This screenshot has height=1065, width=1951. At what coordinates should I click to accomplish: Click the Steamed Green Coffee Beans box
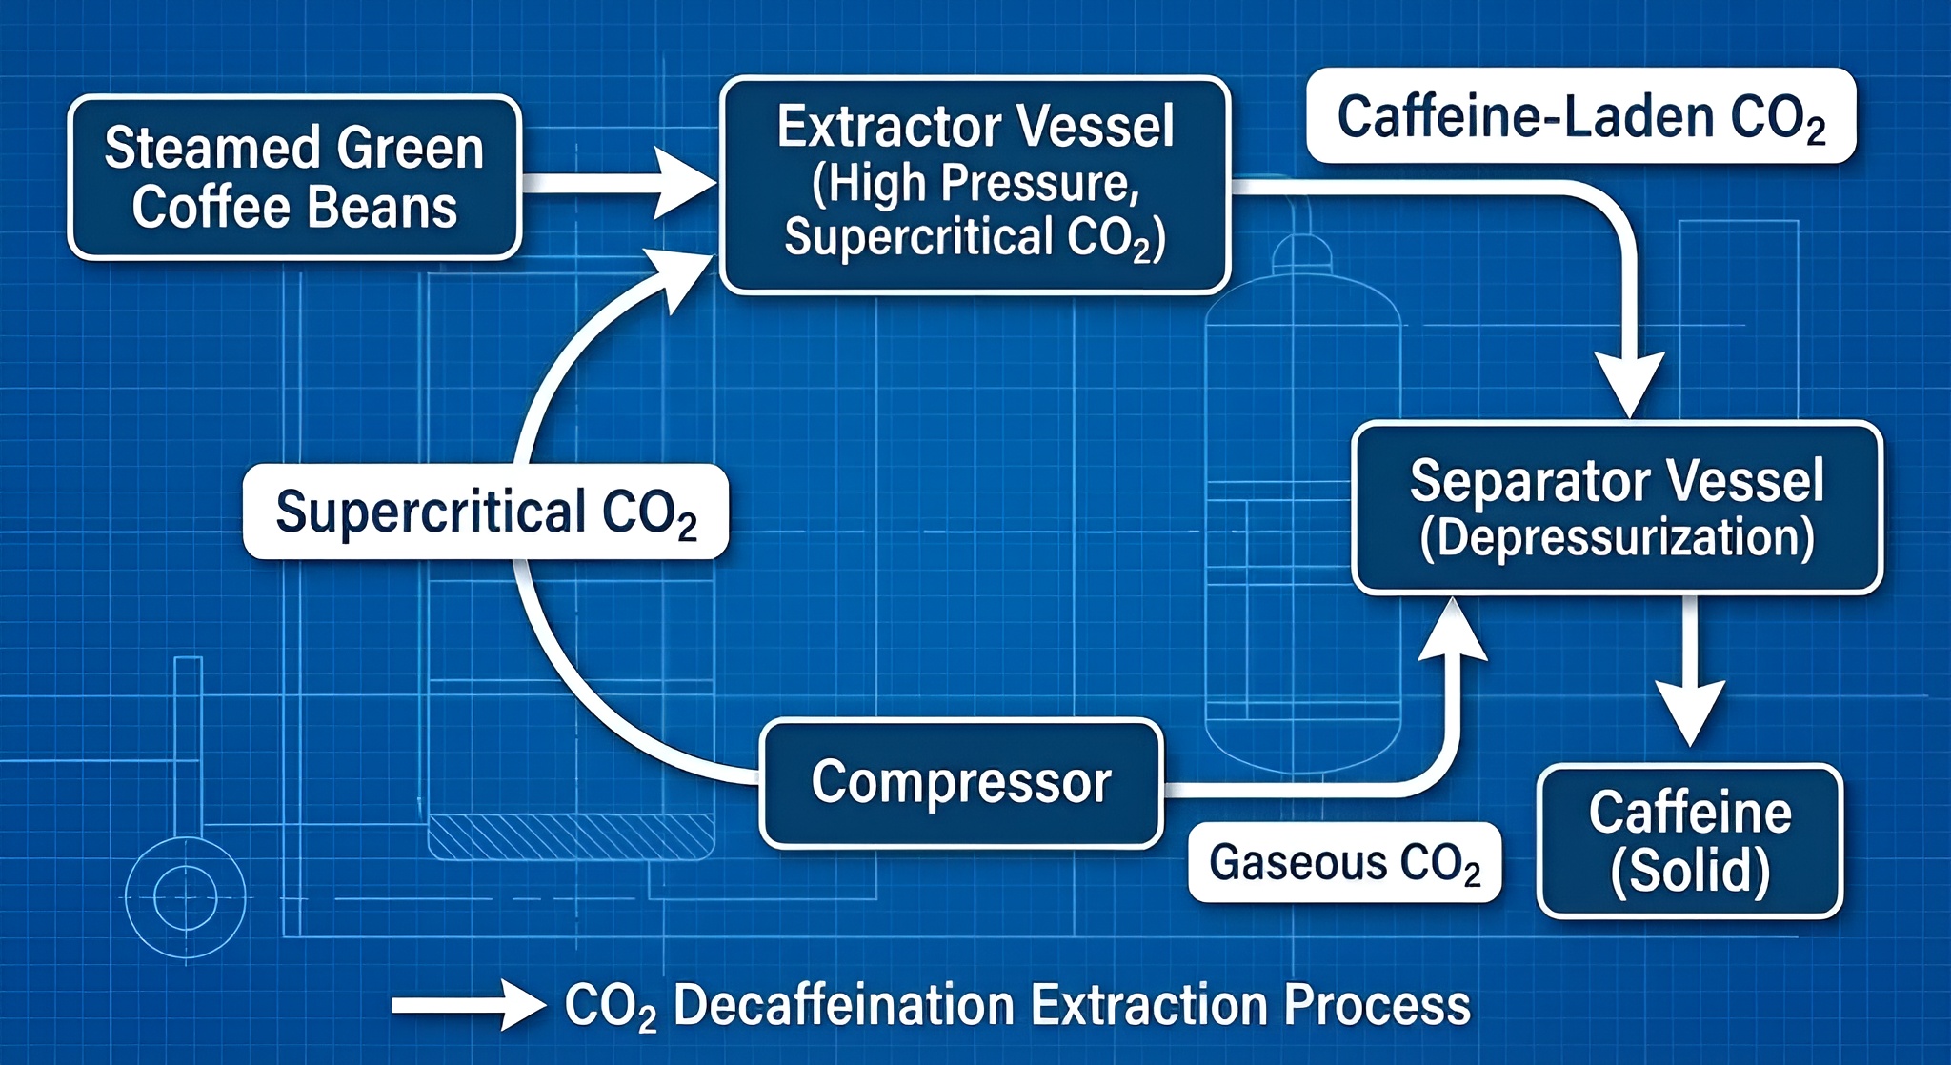pyautogui.click(x=294, y=177)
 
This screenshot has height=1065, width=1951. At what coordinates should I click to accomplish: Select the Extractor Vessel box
pyautogui.click(x=975, y=184)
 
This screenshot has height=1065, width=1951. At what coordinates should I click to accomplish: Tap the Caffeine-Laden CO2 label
pyautogui.click(x=1581, y=116)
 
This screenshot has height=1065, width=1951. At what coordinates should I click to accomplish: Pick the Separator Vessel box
pyautogui.click(x=1617, y=508)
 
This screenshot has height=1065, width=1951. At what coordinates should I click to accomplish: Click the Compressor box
pyautogui.click(x=961, y=783)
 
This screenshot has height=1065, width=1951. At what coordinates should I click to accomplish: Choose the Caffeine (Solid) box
pyautogui.click(x=1690, y=841)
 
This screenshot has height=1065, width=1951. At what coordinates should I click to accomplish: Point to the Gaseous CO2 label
pyautogui.click(x=1344, y=862)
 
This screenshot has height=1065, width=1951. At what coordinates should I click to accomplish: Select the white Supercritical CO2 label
pyautogui.click(x=486, y=512)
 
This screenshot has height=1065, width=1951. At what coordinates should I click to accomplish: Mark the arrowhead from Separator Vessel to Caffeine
pyautogui.click(x=1690, y=710)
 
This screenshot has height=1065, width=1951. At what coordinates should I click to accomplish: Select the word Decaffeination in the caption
pyautogui.click(x=843, y=1005)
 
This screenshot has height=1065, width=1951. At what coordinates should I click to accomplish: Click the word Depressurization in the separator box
pyautogui.click(x=1617, y=538)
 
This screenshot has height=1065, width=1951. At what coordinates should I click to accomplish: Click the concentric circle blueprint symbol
pyautogui.click(x=186, y=897)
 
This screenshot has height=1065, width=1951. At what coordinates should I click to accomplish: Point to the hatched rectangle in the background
pyautogui.click(x=572, y=836)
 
